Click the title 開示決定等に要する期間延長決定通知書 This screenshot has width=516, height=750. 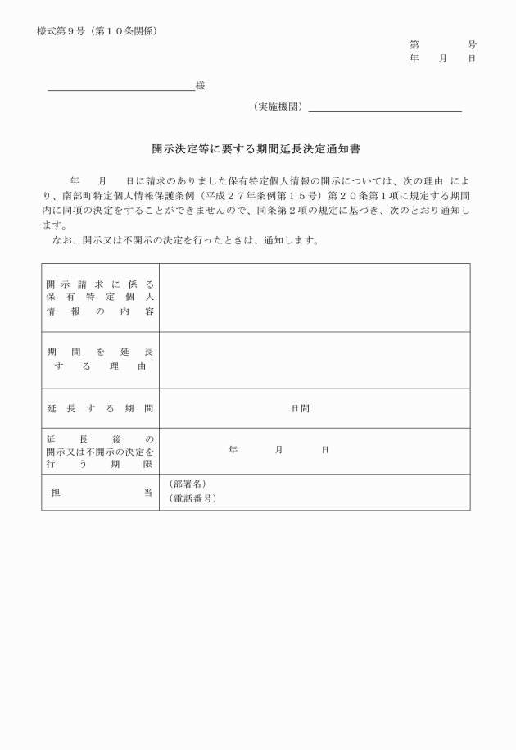pyautogui.click(x=257, y=150)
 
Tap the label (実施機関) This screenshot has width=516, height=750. pyautogui.click(x=278, y=107)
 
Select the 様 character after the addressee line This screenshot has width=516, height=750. pyautogui.click(x=200, y=85)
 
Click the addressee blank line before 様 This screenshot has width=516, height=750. pyautogui.click(x=121, y=88)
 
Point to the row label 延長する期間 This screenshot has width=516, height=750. pyautogui.click(x=100, y=408)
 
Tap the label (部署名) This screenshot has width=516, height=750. pyautogui.click(x=188, y=484)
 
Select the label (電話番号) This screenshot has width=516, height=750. pyautogui.click(x=192, y=498)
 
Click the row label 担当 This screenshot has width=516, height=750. pyautogui.click(x=100, y=492)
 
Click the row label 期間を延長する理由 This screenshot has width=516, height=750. pyautogui.click(x=100, y=359)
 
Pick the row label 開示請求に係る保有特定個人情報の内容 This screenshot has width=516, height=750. pyautogui.click(x=100, y=297)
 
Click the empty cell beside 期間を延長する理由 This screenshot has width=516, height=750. pyautogui.click(x=315, y=360)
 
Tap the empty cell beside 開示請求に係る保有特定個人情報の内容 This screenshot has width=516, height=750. pyautogui.click(x=315, y=297)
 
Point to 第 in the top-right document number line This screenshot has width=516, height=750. pyautogui.click(x=414, y=44)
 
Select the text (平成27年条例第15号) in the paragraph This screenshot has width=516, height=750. pyautogui.click(x=251, y=197)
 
